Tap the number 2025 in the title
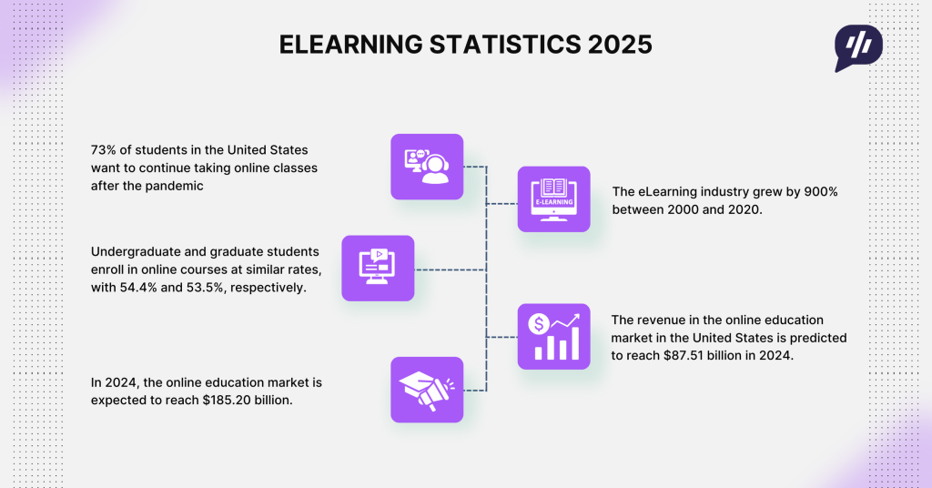click(620, 45)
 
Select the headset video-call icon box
click(427, 167)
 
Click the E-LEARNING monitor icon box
click(553, 198)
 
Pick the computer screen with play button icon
click(378, 268)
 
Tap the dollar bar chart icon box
click(553, 336)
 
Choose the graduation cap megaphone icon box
click(427, 389)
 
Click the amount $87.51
click(680, 355)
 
